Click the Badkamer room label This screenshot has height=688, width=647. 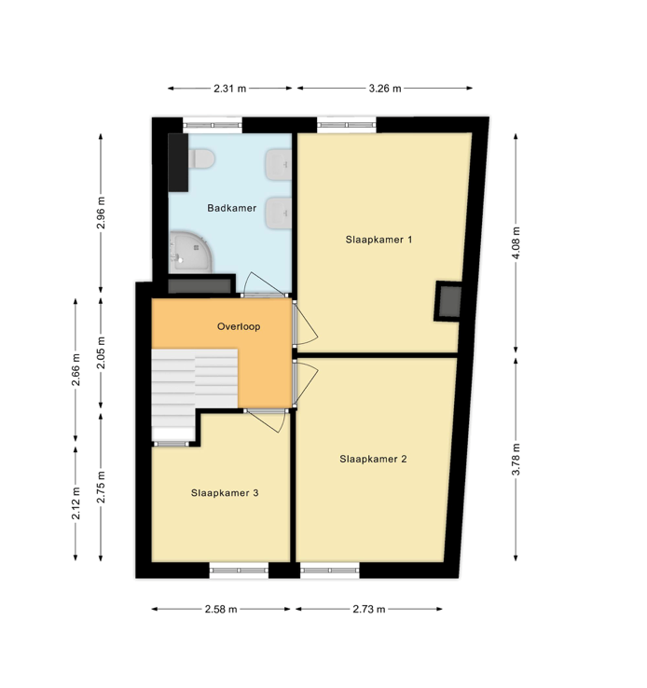231,208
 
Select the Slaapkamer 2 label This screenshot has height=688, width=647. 373,459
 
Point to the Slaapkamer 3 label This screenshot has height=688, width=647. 225,493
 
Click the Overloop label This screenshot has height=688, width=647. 239,327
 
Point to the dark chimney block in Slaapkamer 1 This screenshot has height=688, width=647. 448,300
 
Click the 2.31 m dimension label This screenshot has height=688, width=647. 229,89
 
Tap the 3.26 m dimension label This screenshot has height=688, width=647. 384,89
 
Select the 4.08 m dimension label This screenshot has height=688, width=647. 516,243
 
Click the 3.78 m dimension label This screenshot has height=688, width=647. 516,459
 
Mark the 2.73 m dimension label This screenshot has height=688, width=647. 369,610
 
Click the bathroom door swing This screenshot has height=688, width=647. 254,284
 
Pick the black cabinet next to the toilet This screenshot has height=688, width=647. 177,160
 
